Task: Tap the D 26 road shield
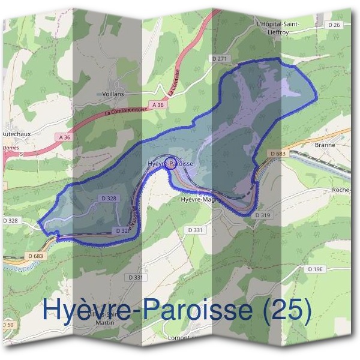(x=335, y=25)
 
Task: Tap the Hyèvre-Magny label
(x=201, y=199)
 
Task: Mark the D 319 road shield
(x=263, y=215)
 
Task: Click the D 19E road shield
(x=316, y=270)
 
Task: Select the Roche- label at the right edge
(x=346, y=190)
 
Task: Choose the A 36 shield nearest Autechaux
(x=65, y=137)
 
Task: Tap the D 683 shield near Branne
(x=278, y=154)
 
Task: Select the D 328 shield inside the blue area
(x=109, y=197)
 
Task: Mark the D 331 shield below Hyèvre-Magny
(x=196, y=230)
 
